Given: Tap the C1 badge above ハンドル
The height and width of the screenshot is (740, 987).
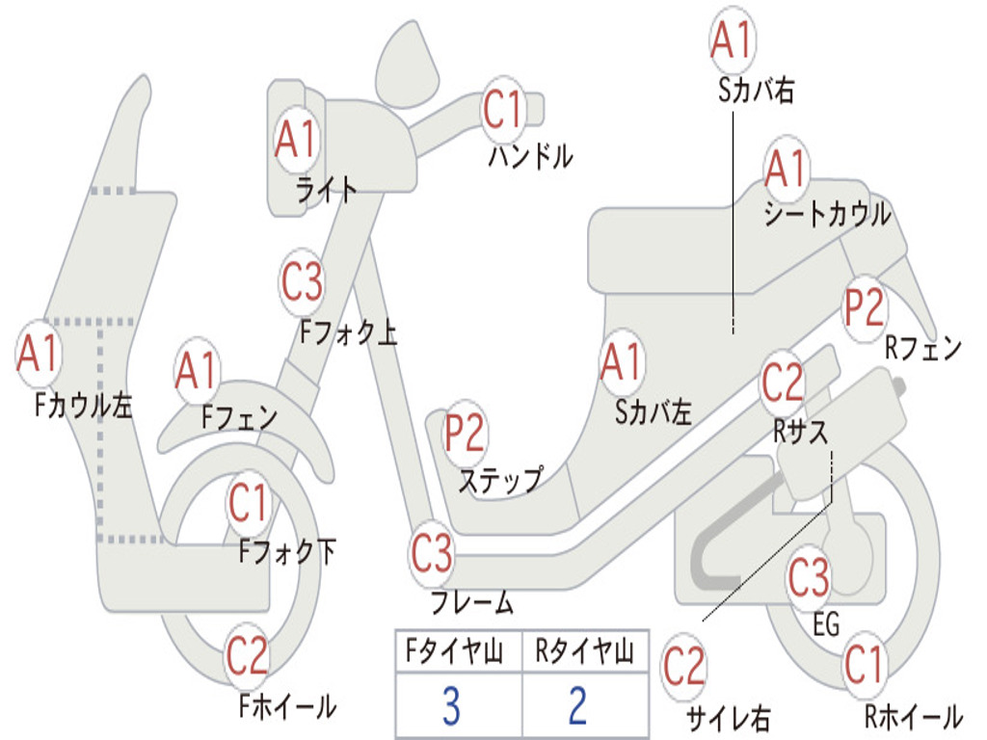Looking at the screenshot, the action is coord(503,110).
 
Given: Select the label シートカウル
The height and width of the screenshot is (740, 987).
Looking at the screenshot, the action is coord(827,215).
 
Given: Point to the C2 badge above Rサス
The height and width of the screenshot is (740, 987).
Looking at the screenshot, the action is coord(783,383).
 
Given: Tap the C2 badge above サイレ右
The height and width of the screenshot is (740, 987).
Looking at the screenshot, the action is coord(684,668).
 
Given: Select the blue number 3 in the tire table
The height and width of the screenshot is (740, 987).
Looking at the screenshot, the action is coord(451,706).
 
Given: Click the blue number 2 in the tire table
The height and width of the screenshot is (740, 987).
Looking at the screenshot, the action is coord(578,706).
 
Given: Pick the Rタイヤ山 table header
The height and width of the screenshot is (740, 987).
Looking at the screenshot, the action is coord(584,654).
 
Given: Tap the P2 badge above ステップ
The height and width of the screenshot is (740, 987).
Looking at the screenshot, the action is coord(466,434).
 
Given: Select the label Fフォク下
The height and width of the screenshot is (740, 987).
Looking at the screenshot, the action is coord(288,552).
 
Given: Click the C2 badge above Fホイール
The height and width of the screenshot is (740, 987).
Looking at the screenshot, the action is coord(248,658).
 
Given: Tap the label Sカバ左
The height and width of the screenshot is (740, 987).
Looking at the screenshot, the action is coord(654,412).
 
